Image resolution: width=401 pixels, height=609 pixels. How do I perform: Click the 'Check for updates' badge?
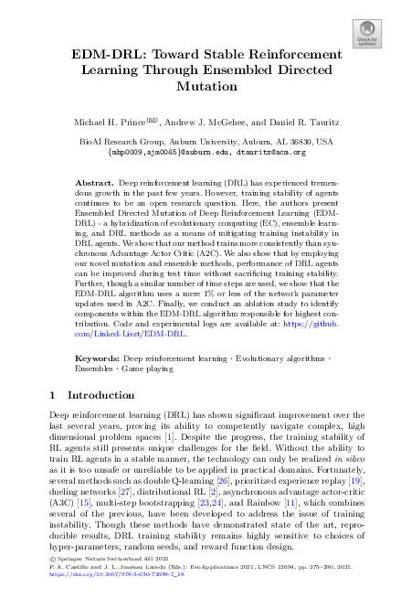click(368, 36)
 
